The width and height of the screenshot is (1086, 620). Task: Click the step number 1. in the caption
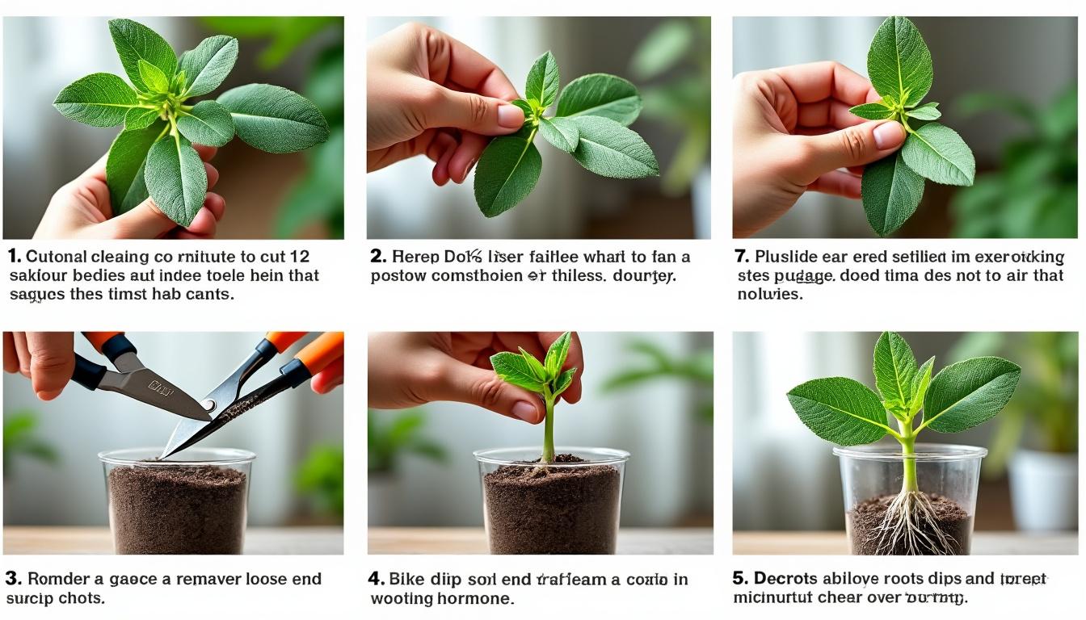(14, 257)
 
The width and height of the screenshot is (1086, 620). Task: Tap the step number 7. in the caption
(741, 257)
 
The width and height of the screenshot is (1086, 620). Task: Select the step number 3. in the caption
(13, 579)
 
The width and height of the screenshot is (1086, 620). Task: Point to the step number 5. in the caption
(741, 579)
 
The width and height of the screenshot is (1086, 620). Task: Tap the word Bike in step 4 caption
(406, 579)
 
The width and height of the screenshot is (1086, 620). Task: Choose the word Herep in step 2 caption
(415, 258)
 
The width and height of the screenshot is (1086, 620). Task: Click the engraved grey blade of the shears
(154, 390)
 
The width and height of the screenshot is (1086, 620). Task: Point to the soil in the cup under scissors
(177, 509)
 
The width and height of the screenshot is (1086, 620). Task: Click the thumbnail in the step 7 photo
(887, 135)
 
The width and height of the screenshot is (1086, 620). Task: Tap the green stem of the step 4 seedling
(549, 428)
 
